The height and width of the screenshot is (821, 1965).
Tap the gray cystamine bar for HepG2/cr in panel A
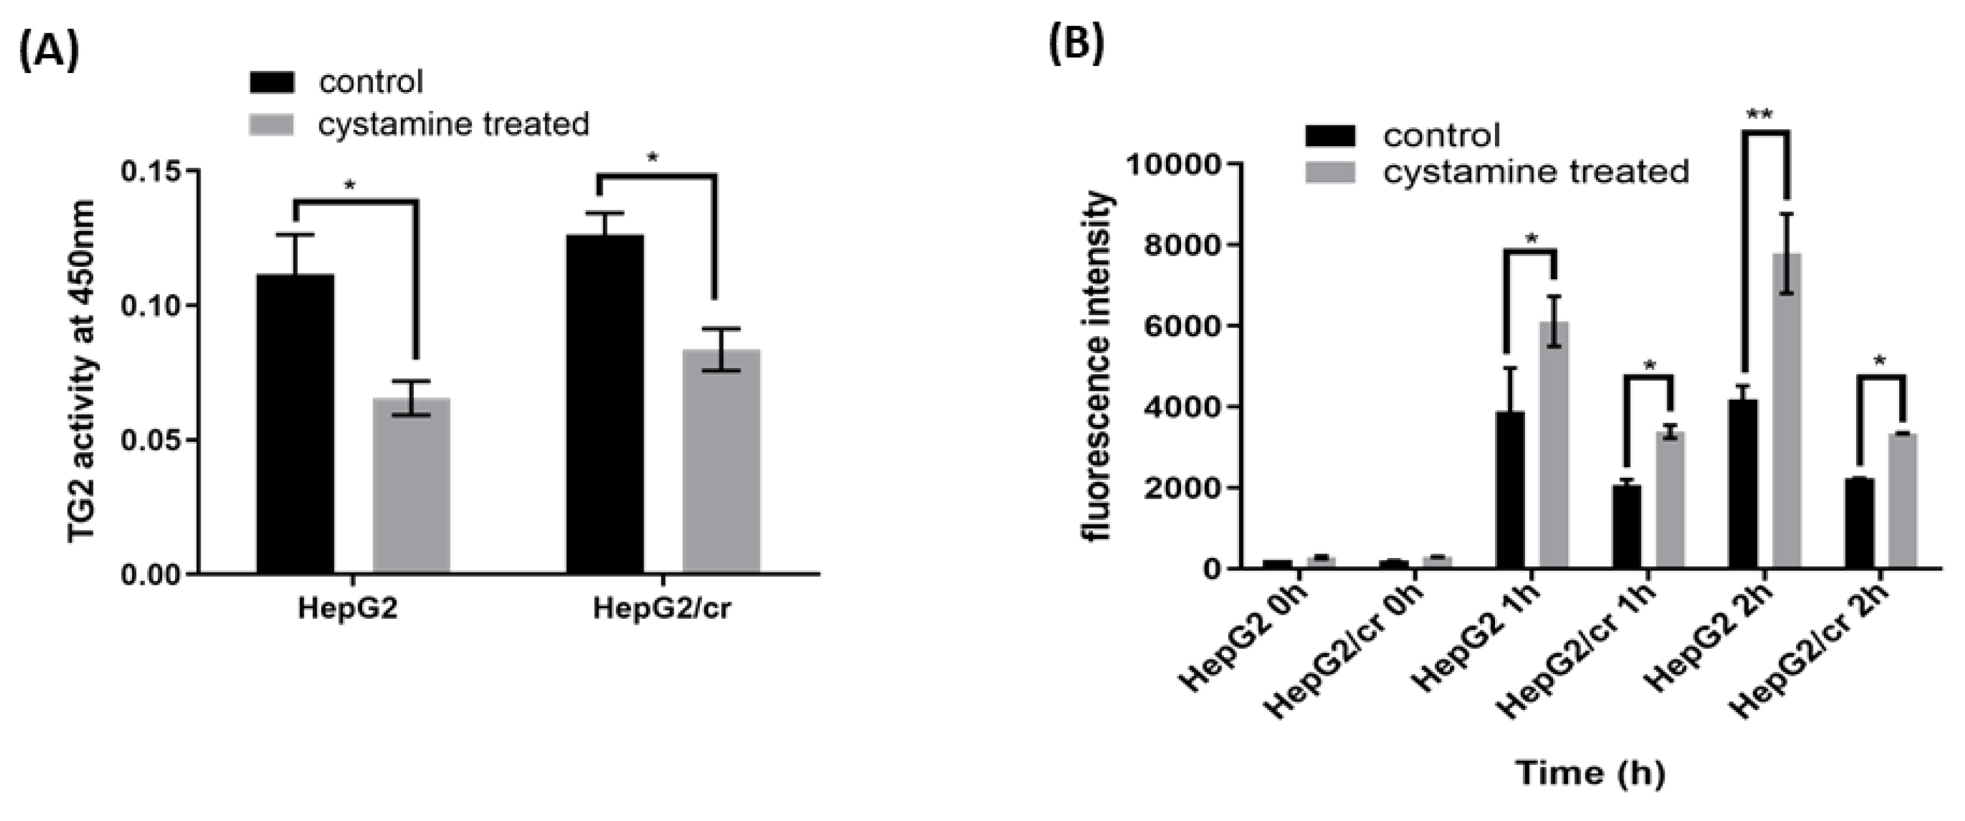(x=721, y=461)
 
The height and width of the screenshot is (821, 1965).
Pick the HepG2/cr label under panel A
(x=661, y=610)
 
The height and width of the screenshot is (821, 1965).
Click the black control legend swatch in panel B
(x=1330, y=136)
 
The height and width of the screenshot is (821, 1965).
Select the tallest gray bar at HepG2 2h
(x=1787, y=411)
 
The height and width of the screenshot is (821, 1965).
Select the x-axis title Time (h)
(x=1590, y=773)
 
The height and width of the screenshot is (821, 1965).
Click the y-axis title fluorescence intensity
(x=1099, y=367)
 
